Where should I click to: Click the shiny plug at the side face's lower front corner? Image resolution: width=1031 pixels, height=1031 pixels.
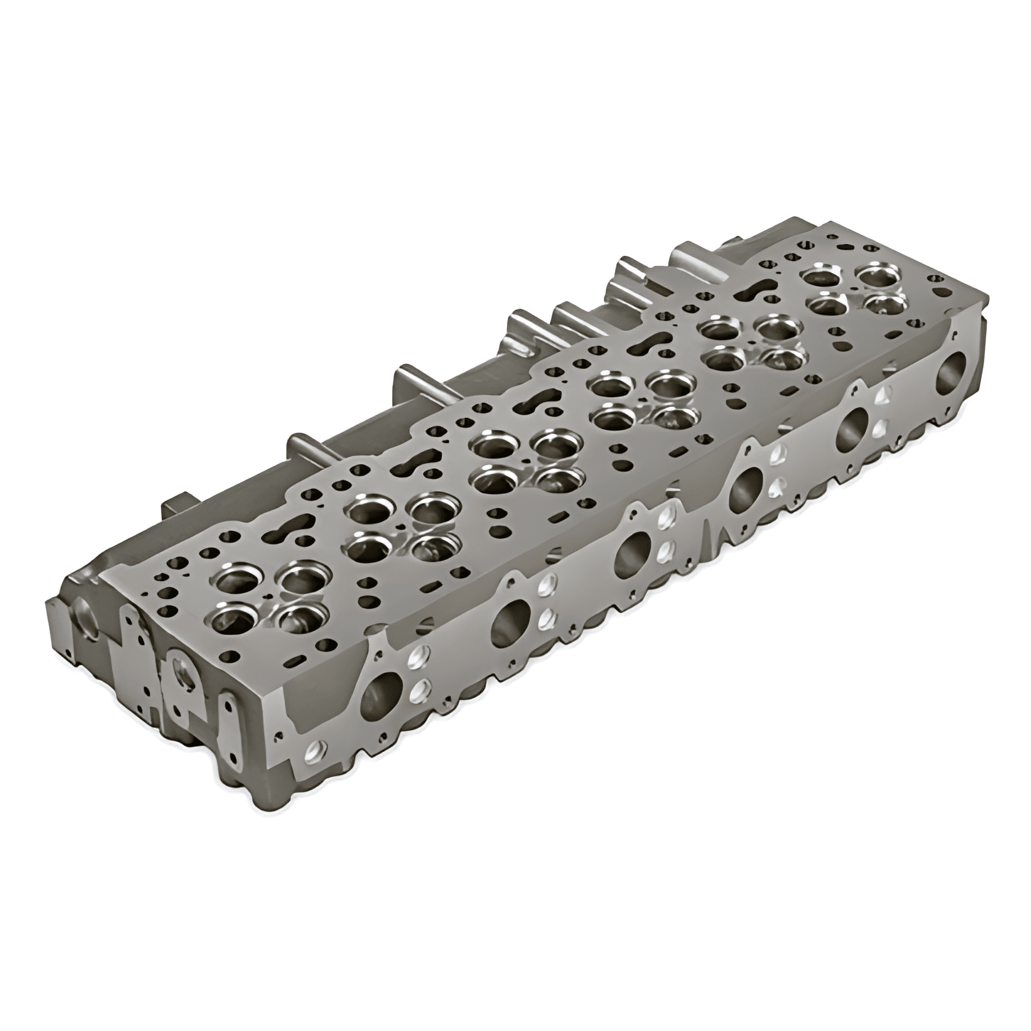point(317,749)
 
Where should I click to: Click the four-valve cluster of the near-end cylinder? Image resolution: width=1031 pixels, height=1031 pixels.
point(270,595)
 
